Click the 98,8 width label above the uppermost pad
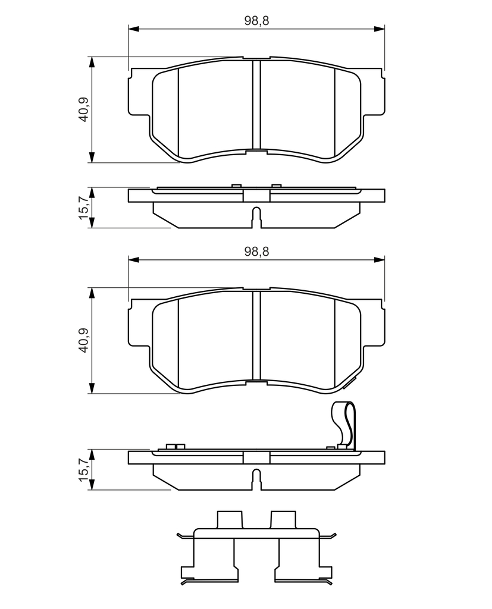(x=256, y=21)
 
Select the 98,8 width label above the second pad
(x=256, y=252)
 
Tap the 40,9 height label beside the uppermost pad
(x=83, y=109)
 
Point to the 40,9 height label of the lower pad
(x=83, y=340)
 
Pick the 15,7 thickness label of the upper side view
(x=83, y=208)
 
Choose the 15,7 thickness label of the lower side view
(x=83, y=470)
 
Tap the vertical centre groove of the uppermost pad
(x=256, y=105)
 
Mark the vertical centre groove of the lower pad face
(x=256, y=335)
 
